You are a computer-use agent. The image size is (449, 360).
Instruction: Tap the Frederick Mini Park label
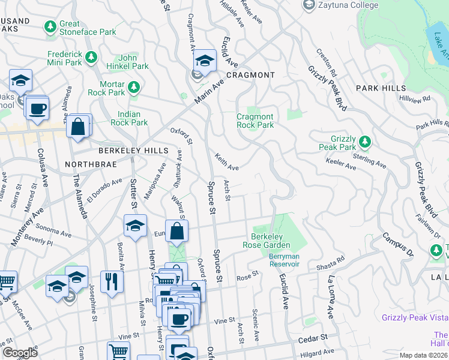coord(64,58)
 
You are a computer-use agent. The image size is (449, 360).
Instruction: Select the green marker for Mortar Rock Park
coord(134,88)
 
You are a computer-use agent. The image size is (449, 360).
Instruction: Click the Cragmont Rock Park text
coord(255,121)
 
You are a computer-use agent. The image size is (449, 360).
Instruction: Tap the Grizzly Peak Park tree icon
coord(364,143)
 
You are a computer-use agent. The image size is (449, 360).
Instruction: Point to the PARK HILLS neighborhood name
coord(381,88)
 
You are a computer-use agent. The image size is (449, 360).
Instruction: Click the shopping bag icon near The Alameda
coord(79,127)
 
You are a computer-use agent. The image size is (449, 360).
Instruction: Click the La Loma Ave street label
coord(330,296)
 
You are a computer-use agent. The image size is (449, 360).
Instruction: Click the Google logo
coord(20,353)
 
